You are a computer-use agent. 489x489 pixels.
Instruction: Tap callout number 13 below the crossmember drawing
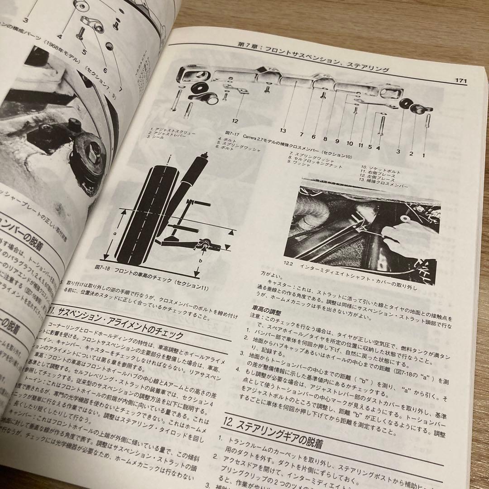pyautogui.click(x=283, y=131)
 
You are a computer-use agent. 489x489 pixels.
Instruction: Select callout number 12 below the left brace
pyautogui.click(x=235, y=121)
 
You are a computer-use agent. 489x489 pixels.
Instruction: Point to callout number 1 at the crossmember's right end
pyautogui.click(x=424, y=153)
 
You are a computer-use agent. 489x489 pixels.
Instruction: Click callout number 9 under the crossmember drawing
pyautogui.click(x=337, y=141)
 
